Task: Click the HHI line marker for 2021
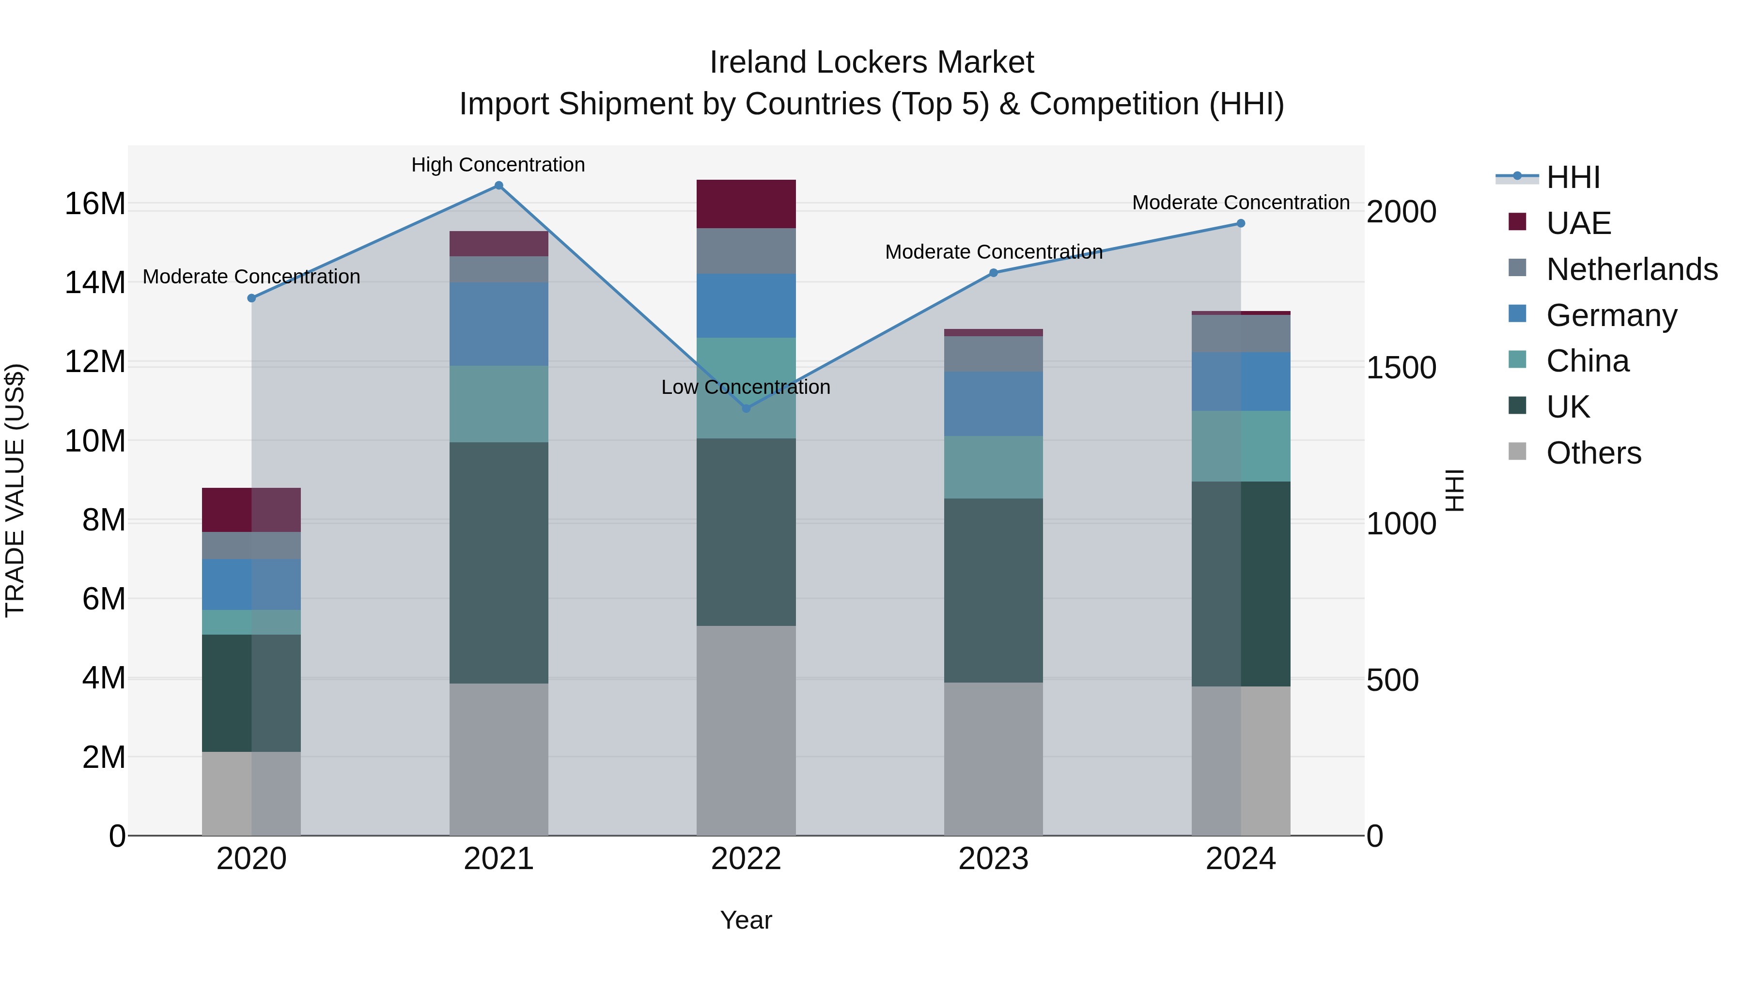point(498,186)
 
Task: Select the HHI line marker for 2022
point(746,408)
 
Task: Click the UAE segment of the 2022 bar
point(746,204)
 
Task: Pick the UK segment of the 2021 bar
point(498,562)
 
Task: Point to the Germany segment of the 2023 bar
point(993,404)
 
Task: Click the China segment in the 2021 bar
point(498,404)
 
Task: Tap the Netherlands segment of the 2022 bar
point(746,251)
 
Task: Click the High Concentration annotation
point(498,165)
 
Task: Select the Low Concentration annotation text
point(746,387)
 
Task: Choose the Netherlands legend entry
point(1632,269)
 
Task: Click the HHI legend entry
point(1573,177)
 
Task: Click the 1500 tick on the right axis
point(1401,368)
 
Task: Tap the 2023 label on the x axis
point(993,859)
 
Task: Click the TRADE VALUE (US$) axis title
point(15,490)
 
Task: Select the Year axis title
point(746,920)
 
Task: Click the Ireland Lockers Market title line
point(872,62)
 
